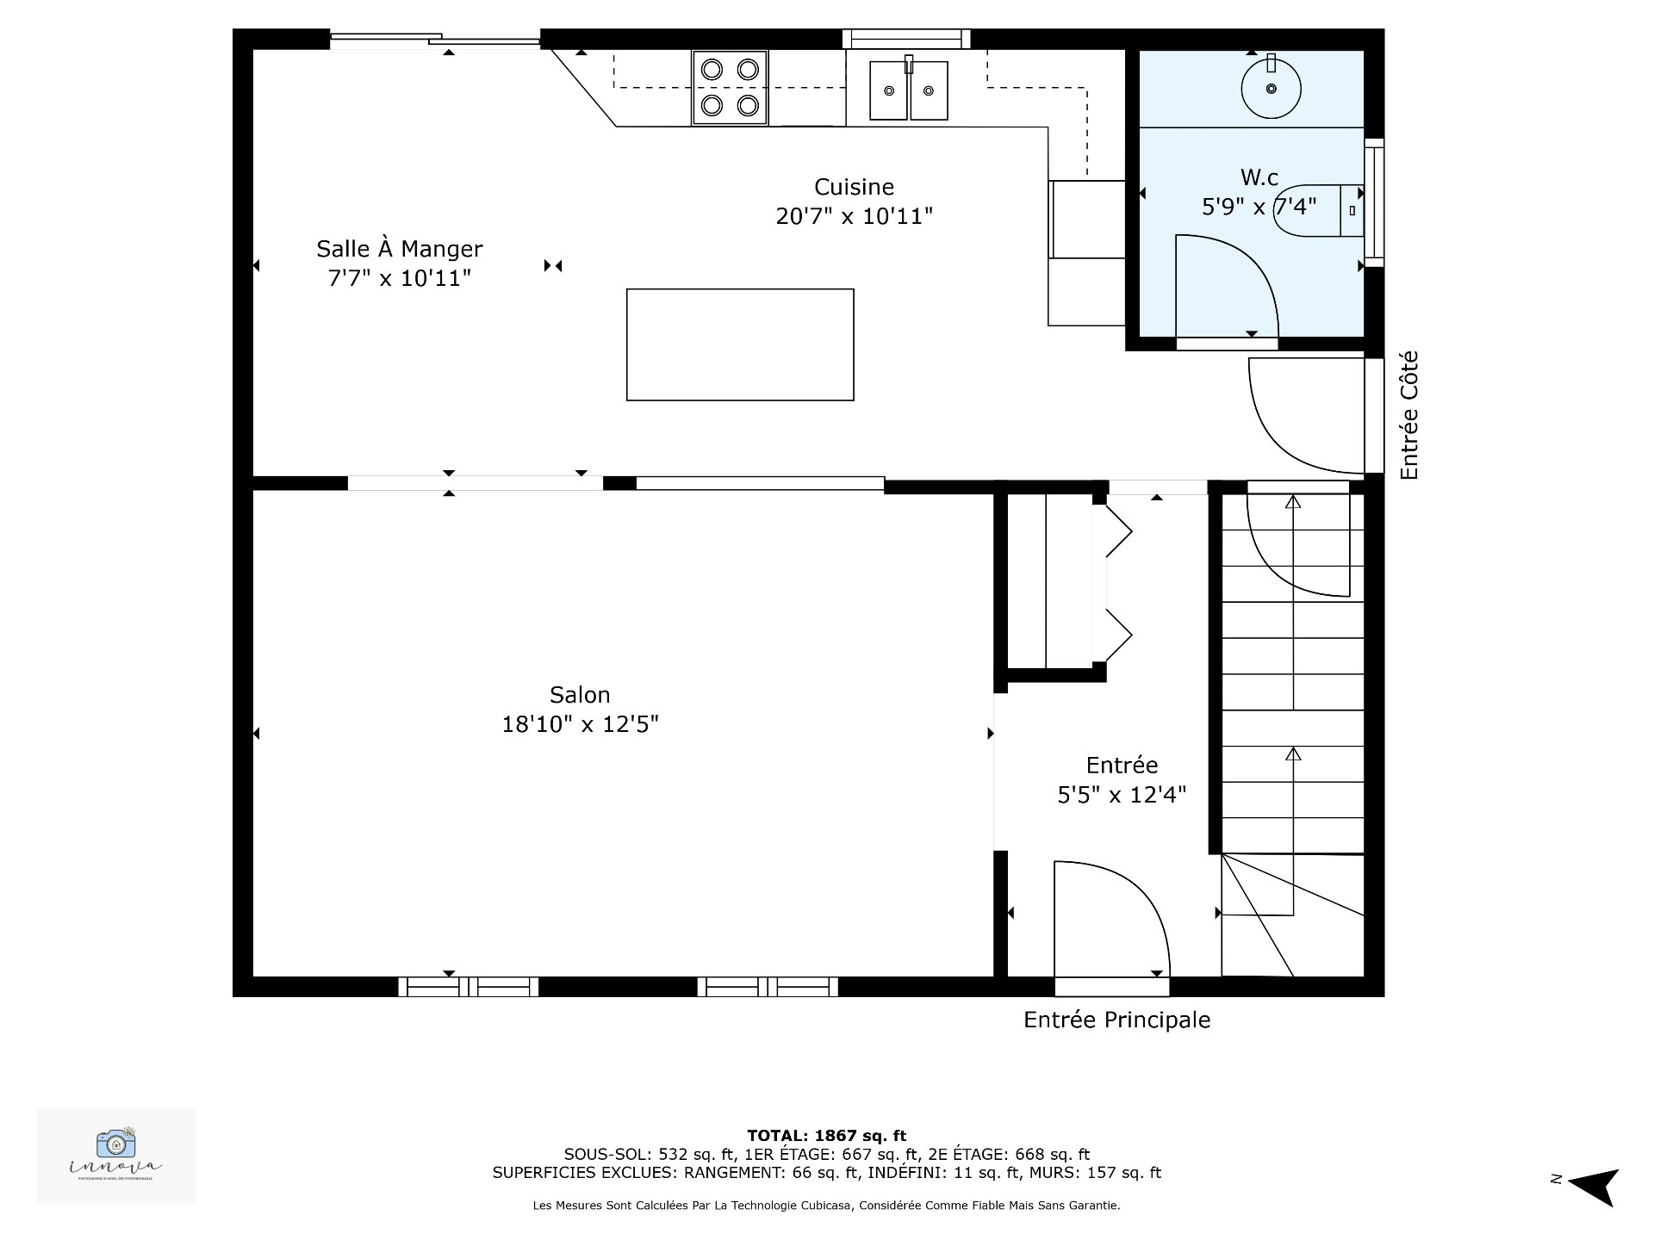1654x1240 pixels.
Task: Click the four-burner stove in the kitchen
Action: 729,88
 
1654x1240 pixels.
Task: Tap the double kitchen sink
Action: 908,90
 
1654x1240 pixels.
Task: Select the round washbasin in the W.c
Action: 1271,88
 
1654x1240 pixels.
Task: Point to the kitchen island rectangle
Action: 740,344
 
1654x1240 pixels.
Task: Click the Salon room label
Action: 580,695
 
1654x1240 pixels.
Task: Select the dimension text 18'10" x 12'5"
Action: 580,724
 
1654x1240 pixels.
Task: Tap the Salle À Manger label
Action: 399,249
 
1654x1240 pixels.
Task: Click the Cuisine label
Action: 854,187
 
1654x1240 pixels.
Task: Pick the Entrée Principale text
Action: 1116,1020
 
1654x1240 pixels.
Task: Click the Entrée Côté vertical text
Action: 1408,415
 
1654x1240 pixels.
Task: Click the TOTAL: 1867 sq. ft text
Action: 826,1136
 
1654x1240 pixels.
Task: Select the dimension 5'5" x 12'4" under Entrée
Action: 1122,795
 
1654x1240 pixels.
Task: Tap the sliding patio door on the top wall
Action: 435,39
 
